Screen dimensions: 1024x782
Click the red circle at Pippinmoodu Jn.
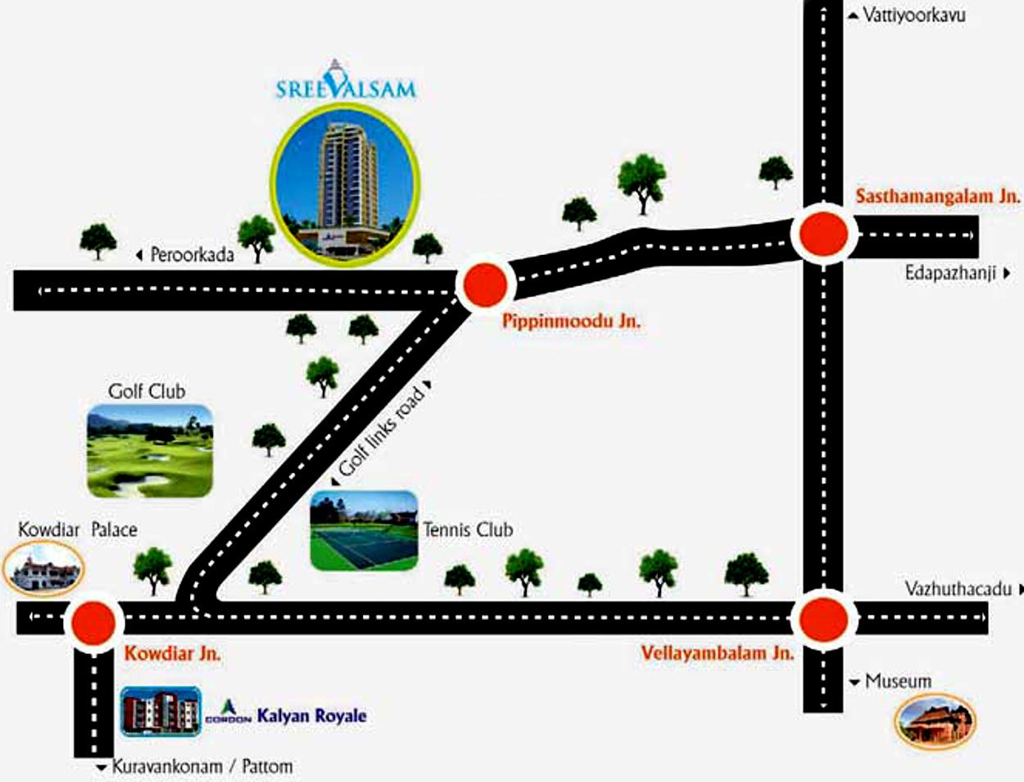point(484,285)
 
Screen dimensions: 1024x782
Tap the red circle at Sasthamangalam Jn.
point(823,234)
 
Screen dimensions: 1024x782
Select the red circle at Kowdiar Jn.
point(93,623)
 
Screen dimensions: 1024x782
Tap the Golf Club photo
point(150,451)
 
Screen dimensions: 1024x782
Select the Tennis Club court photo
point(364,530)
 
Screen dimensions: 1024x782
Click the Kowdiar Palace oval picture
point(43,568)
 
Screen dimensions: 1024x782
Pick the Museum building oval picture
point(935,721)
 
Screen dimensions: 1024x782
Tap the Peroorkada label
point(191,255)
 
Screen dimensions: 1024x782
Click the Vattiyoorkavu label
point(913,15)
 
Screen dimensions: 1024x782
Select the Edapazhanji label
point(949,273)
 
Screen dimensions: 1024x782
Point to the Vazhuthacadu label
point(958,589)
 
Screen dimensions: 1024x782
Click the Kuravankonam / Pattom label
point(202,767)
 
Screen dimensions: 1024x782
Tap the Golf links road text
point(382,431)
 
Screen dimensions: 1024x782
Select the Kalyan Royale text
point(311,716)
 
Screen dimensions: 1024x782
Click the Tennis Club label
point(468,530)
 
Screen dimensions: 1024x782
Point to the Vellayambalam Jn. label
point(717,653)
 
